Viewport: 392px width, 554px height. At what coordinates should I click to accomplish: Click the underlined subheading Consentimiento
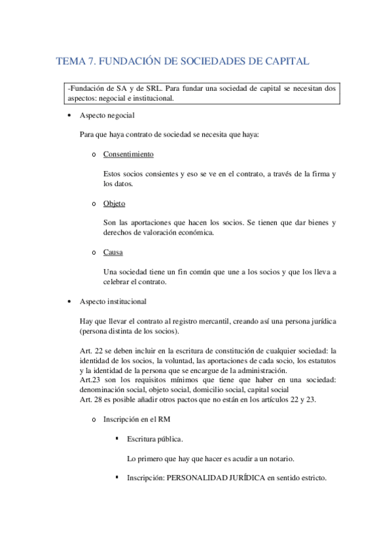click(128, 154)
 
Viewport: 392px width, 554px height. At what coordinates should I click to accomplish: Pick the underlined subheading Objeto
click(114, 203)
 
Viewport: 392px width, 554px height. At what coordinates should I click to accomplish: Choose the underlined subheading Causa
click(113, 252)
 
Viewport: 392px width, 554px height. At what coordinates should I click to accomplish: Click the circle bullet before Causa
click(95, 252)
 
